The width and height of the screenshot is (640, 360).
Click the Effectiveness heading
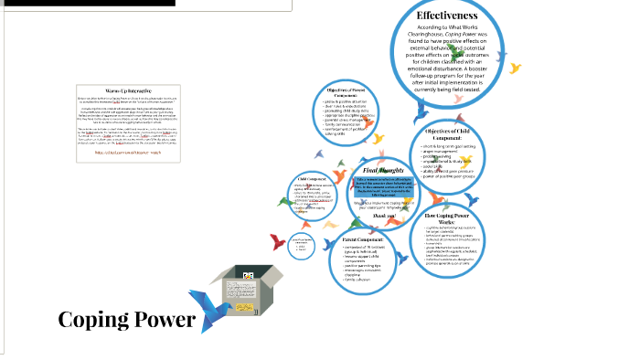click(x=447, y=16)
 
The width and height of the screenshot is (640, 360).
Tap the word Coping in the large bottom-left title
click(x=91, y=320)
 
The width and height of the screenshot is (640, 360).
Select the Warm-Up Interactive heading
click(x=128, y=90)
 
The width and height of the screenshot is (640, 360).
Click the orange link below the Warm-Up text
click(x=128, y=152)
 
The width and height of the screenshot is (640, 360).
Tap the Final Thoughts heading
click(x=382, y=171)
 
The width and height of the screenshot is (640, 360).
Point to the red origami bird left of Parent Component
click(x=275, y=240)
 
